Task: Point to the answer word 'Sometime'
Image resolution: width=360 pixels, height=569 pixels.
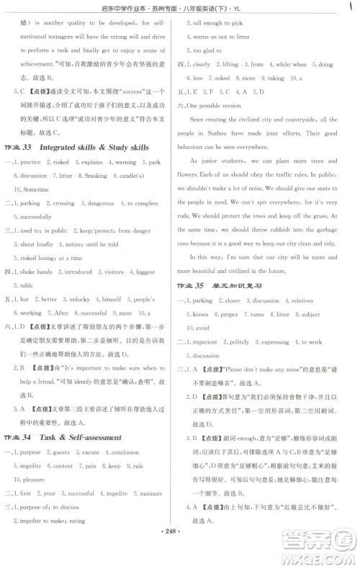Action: [32, 189]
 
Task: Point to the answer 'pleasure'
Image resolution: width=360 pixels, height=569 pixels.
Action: [35, 479]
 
